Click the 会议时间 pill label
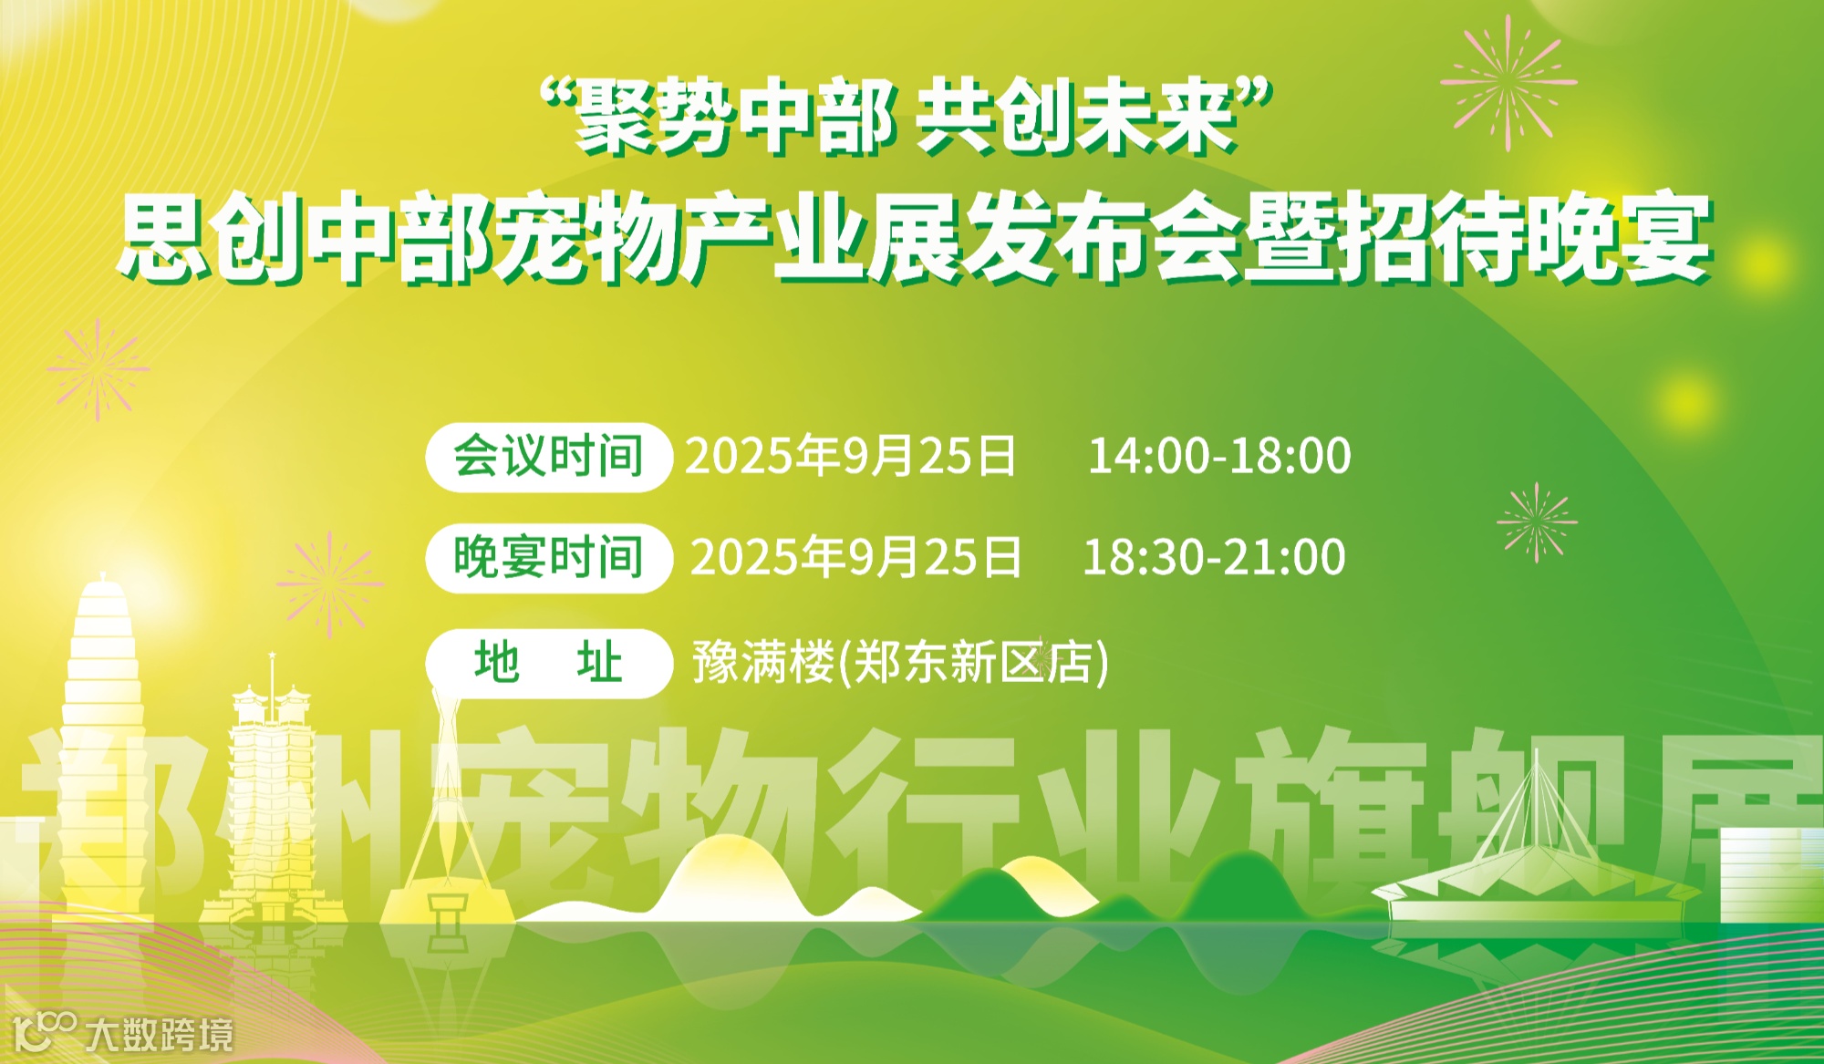(x=548, y=457)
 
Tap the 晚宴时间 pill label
(x=548, y=558)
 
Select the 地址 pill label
(x=548, y=663)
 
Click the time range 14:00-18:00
(x=1218, y=456)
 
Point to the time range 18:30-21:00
(x=1213, y=557)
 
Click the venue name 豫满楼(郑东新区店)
(x=900, y=663)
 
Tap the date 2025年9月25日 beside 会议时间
(x=850, y=456)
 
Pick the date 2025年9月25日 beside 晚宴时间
(x=855, y=557)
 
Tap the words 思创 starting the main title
(x=210, y=239)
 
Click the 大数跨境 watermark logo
(x=123, y=1033)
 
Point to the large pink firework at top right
(x=1508, y=82)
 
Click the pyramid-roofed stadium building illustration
(x=1537, y=866)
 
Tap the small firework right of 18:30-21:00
(x=1537, y=522)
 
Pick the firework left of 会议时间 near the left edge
(x=98, y=369)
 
